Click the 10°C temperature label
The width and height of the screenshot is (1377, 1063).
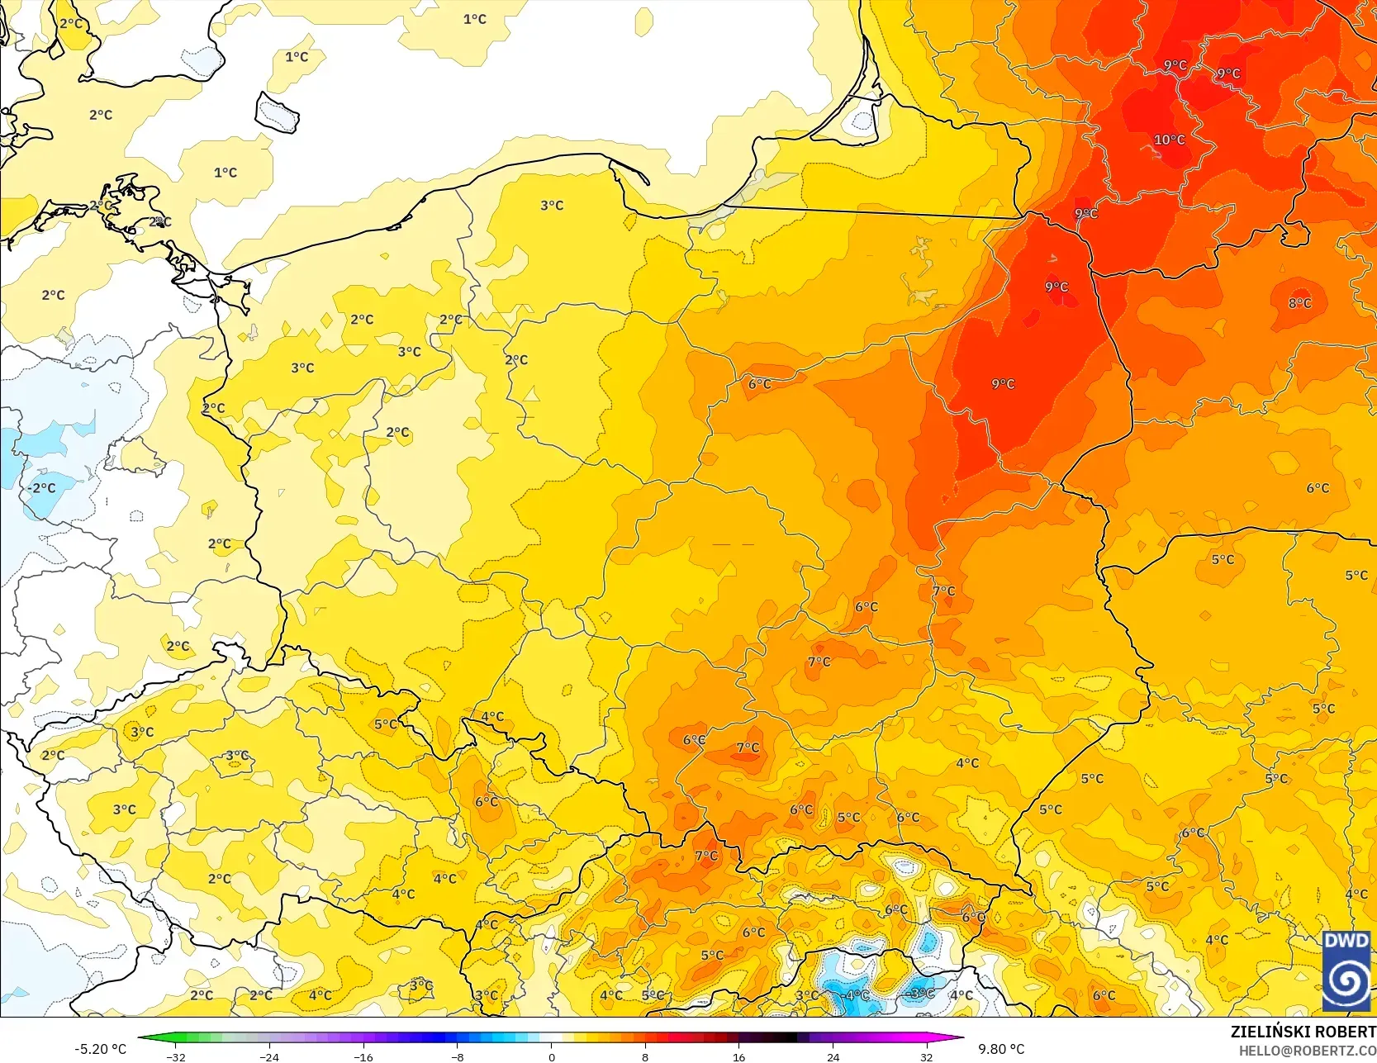[x=1169, y=140]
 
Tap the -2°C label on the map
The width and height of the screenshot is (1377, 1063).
[x=41, y=488]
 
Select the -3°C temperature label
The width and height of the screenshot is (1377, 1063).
[x=920, y=994]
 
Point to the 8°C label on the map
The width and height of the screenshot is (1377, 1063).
[x=1299, y=303]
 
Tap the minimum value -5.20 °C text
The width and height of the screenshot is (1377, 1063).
[x=100, y=1049]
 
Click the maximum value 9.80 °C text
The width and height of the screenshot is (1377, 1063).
[x=1001, y=1049]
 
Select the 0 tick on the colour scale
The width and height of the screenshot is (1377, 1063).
[x=552, y=1056]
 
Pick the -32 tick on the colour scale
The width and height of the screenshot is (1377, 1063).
[x=175, y=1056]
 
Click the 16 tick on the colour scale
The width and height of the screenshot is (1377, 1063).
[x=739, y=1056]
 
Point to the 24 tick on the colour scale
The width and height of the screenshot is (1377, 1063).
[x=833, y=1056]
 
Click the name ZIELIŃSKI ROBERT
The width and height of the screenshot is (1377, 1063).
[x=1303, y=1032]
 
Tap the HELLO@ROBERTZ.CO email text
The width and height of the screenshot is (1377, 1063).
[x=1307, y=1051]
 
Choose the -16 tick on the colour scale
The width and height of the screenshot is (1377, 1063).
[x=363, y=1056]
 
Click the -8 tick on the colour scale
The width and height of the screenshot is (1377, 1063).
[x=457, y=1056]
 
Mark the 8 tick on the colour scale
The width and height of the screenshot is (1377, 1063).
[x=645, y=1056]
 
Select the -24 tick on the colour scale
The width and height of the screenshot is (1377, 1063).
[x=269, y=1056]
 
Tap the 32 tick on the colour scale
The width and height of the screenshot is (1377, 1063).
[x=927, y=1056]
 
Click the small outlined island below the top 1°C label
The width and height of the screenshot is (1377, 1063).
[x=277, y=112]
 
